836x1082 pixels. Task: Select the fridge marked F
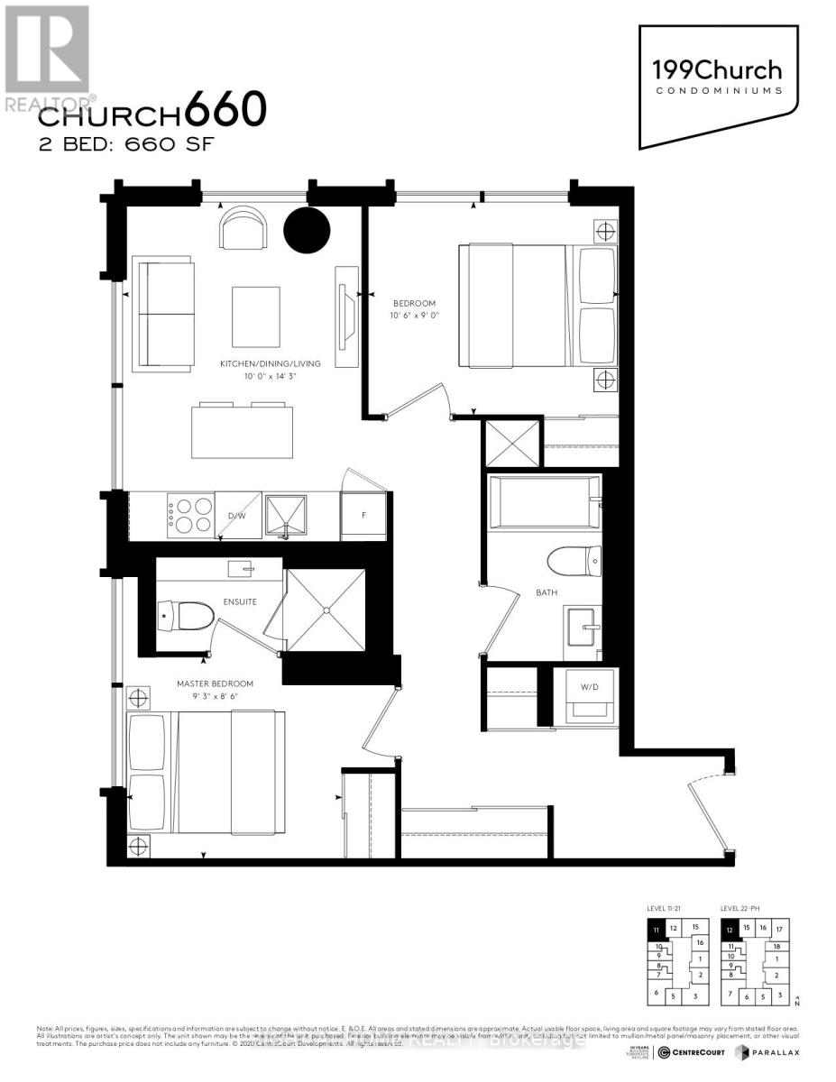tap(363, 517)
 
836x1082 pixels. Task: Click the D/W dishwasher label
tap(236, 516)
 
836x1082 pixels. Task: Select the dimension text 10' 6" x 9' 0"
tap(415, 316)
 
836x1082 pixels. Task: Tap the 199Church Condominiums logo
tap(719, 77)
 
